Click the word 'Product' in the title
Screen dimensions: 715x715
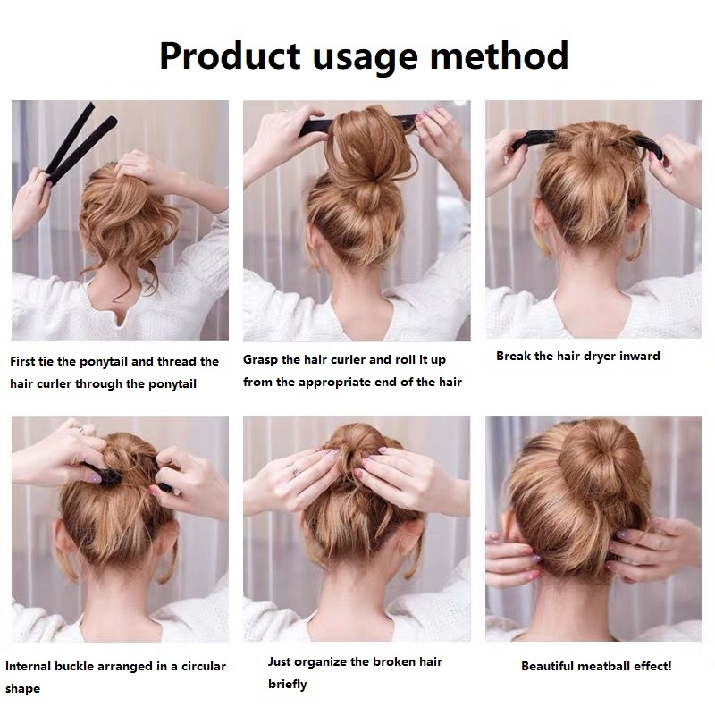point(228,55)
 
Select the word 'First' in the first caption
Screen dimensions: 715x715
point(23,362)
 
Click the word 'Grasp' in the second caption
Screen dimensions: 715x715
point(260,360)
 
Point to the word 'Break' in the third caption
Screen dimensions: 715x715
point(513,356)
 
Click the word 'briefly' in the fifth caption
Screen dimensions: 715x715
point(287,684)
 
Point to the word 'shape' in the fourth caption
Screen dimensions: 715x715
point(22,689)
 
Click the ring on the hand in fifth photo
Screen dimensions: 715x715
point(294,467)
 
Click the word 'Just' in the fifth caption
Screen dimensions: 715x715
point(280,661)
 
